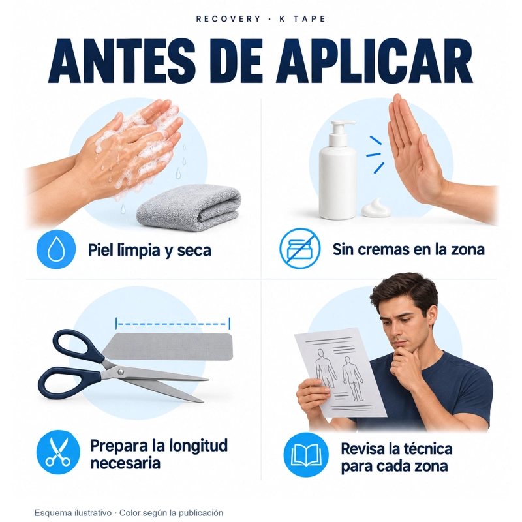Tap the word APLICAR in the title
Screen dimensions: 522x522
point(374,61)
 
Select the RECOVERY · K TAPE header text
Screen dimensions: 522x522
point(260,19)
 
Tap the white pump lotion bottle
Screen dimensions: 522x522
point(337,170)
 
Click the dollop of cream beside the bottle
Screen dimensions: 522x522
point(376,208)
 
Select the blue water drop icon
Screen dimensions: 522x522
point(56,249)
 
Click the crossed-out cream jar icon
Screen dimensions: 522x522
point(299,249)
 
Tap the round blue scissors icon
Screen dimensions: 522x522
point(58,452)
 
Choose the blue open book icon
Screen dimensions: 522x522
point(306,455)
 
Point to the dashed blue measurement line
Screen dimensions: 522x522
point(173,324)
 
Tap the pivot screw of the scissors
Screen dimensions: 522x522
point(120,371)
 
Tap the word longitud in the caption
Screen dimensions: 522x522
point(198,446)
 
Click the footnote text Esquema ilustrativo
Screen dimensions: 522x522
point(73,513)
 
